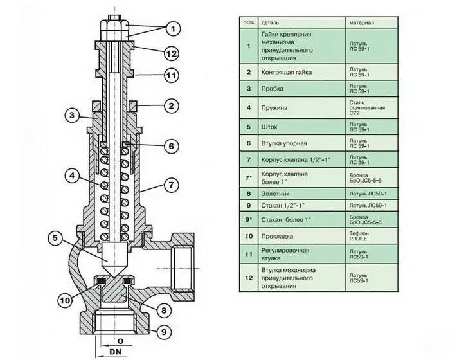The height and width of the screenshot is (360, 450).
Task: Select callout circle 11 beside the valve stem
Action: [171, 76]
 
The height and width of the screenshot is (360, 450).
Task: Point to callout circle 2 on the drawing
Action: [171, 105]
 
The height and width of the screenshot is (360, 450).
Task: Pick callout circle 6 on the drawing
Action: [171, 146]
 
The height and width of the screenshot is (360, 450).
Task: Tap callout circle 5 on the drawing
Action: [57, 239]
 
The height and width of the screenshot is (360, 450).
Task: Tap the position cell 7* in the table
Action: [249, 177]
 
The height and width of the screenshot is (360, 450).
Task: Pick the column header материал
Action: [362, 22]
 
